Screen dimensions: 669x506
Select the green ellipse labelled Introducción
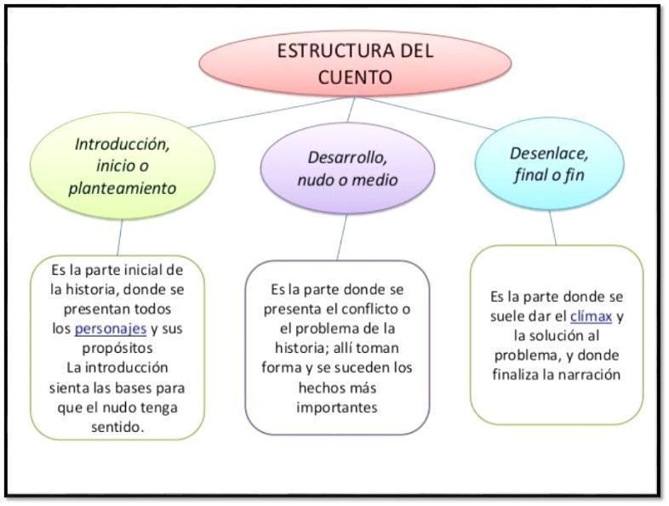click(x=122, y=165)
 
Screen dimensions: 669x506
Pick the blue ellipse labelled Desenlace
click(x=549, y=164)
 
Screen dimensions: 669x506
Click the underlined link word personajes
click(x=111, y=327)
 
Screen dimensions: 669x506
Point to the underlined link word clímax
click(x=592, y=316)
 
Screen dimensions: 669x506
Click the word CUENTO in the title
click(x=356, y=77)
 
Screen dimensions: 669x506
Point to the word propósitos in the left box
click(x=117, y=348)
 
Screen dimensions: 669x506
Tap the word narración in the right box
click(x=590, y=374)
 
